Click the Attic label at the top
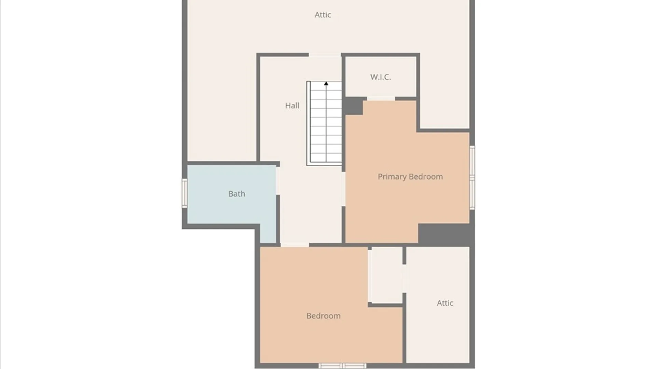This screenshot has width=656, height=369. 323,15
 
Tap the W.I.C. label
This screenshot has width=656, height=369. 380,77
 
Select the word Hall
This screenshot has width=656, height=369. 292,106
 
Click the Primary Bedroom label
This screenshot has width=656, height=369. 410,177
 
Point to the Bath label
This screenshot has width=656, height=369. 236,194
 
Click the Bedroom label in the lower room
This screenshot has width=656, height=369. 323,316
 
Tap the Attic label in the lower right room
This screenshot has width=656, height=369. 445,303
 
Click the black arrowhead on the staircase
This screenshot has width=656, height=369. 326,83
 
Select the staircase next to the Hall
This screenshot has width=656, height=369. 325,123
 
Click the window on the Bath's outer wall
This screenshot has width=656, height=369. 184,193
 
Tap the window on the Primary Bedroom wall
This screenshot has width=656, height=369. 472,177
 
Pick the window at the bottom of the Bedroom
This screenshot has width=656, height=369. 342,366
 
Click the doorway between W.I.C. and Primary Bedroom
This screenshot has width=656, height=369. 381,99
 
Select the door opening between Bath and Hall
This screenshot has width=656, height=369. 278,180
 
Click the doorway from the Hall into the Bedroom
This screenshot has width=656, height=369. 295,245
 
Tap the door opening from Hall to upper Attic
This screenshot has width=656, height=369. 325,55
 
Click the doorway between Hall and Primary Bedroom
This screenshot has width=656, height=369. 343,189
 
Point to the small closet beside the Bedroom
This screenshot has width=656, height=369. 386,275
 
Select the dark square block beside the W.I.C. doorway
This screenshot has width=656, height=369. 353,106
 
